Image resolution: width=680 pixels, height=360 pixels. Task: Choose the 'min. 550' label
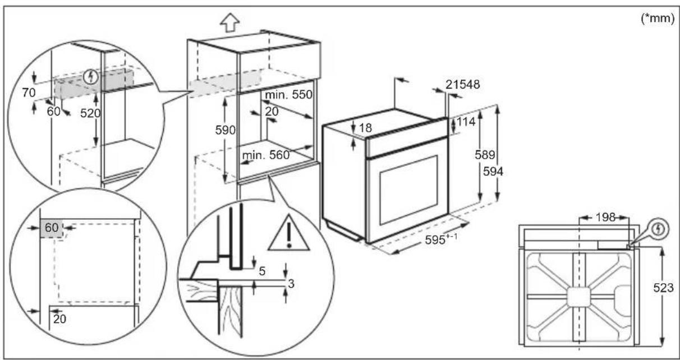pos(288,95)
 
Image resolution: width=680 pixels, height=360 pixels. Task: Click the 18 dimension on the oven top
pos(365,128)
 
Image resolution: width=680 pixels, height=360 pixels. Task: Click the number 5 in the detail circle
pos(263,270)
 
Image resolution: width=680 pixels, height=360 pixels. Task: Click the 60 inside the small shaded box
pos(50,228)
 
